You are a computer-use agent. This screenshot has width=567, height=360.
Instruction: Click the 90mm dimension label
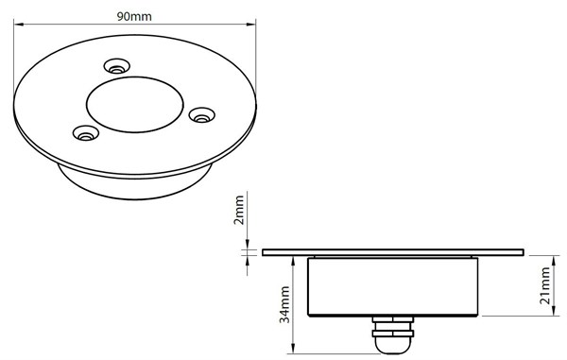pos(134,16)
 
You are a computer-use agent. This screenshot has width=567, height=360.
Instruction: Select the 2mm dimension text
pos(239,210)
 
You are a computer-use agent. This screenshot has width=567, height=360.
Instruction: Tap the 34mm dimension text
pos(284,304)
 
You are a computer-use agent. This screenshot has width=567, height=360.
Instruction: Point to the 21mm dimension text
pos(545,285)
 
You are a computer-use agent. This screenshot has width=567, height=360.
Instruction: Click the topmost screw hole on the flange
pos(117,66)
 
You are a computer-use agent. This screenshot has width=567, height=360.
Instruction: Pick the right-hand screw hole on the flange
pos(202,115)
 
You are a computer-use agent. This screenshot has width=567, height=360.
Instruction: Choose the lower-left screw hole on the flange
pos(86,133)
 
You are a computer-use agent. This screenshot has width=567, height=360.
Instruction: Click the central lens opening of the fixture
pos(135,105)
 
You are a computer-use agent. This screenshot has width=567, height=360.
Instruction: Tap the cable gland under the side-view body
pos(393,334)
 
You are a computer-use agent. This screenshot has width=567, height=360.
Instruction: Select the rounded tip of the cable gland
pos(393,346)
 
